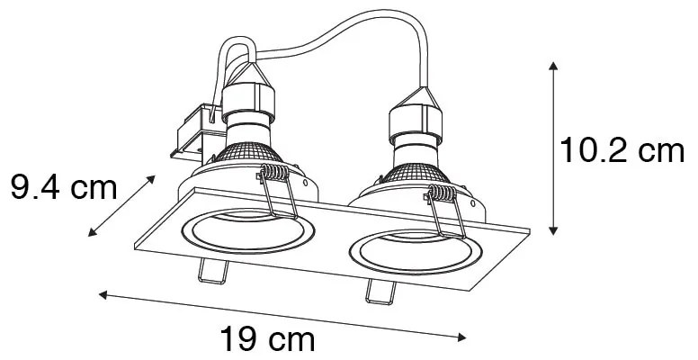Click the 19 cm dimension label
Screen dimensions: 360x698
(267, 339)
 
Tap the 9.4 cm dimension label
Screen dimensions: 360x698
(64, 188)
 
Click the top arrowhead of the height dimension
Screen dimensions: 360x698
(552, 66)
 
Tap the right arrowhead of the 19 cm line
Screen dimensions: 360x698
(463, 338)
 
